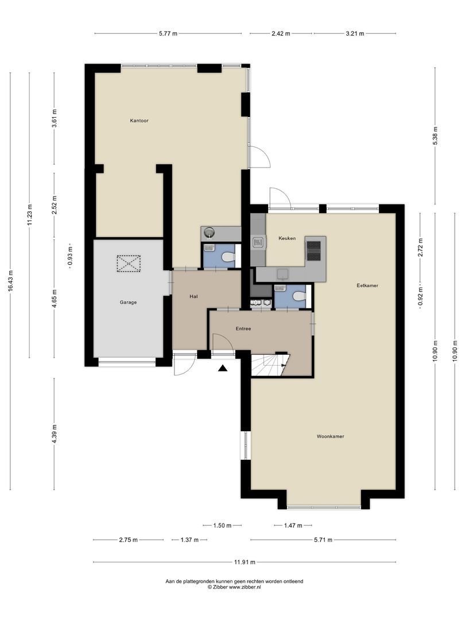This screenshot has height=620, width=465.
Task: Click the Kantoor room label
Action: click(x=139, y=121)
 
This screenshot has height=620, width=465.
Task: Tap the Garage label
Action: click(x=128, y=302)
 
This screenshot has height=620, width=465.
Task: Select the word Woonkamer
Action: click(x=330, y=436)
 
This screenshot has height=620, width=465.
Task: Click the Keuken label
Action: click(x=287, y=238)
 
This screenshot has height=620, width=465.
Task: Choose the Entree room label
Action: click(x=243, y=328)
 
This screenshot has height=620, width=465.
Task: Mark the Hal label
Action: click(x=194, y=296)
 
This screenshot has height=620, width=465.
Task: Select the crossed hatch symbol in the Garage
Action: click(x=128, y=263)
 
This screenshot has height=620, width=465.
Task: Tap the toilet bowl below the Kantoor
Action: click(x=227, y=257)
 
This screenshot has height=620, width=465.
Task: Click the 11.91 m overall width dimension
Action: click(x=244, y=562)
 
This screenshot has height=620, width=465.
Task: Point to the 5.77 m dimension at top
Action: click(x=168, y=33)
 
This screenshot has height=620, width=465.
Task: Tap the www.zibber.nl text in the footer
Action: click(x=246, y=587)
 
